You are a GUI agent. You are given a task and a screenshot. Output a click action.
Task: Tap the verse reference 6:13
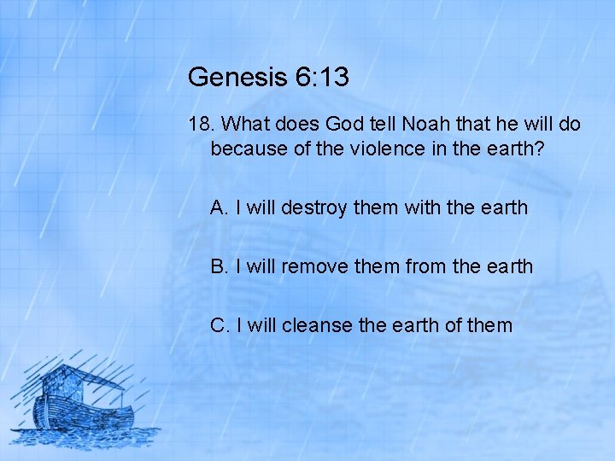pyautogui.click(x=322, y=78)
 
